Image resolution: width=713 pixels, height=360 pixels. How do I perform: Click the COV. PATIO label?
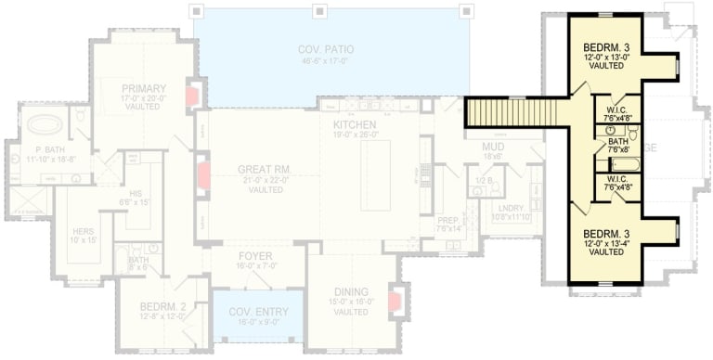tap(326, 49)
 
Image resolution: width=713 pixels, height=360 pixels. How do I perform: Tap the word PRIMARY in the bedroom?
tap(143, 87)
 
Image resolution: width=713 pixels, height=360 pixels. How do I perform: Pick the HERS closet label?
tap(83, 231)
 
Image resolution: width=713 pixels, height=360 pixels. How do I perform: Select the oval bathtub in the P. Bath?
tap(43, 123)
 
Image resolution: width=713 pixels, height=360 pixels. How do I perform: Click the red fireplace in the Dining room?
tap(395, 301)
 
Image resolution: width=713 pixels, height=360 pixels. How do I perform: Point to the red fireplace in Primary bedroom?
tap(192, 96)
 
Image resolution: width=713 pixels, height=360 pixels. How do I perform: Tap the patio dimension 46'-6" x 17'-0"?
tap(326, 61)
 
